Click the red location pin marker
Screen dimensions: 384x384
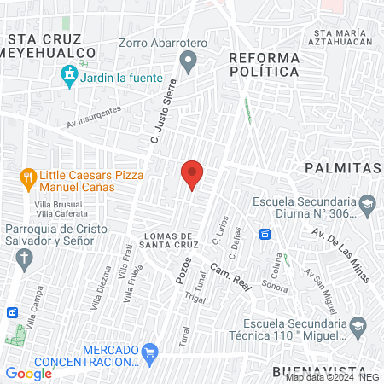pyautogui.click(x=192, y=174)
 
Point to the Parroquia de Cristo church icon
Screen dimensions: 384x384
pyautogui.click(x=26, y=258)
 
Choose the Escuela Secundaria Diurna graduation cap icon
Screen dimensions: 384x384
pyautogui.click(x=367, y=203)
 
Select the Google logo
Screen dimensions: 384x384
pyautogui.click(x=28, y=373)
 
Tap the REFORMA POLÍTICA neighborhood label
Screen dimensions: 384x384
pyautogui.click(x=265, y=64)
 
